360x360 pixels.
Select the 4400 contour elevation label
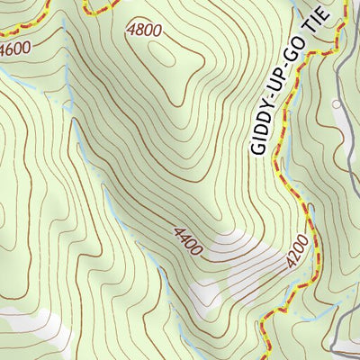coord(189,239)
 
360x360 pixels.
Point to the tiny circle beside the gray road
coord(337,104)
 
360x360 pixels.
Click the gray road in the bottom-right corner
coord(346,337)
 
